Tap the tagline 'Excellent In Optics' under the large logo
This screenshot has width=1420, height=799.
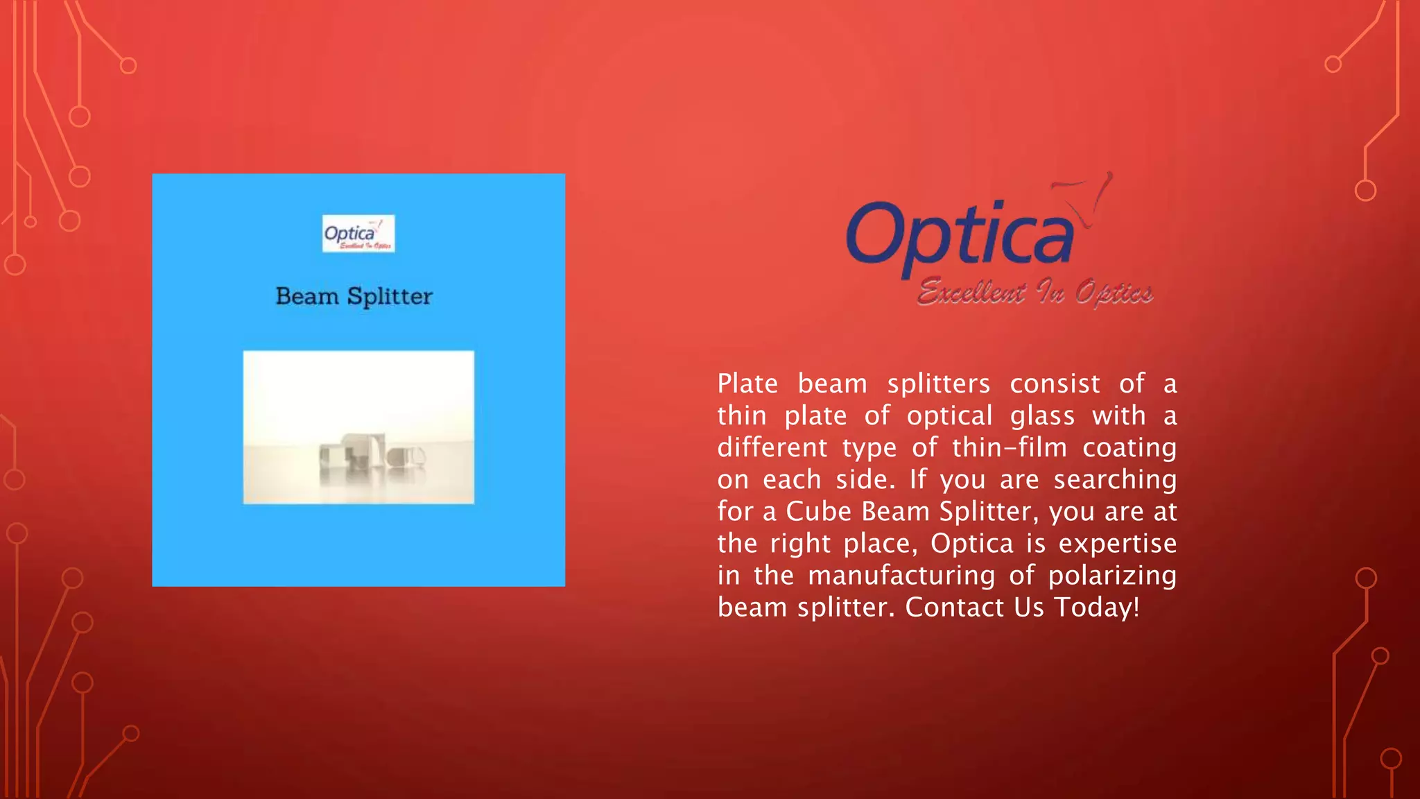[1034, 293]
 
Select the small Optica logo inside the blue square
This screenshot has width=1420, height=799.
[358, 234]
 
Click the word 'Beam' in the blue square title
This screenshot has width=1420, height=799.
[307, 296]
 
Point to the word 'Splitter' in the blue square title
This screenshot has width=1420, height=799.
[390, 296]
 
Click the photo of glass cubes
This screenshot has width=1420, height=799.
[358, 427]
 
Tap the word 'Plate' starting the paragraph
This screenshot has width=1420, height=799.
[747, 384]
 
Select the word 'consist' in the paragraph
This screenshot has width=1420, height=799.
[1055, 384]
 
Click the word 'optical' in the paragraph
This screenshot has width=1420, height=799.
[949, 415]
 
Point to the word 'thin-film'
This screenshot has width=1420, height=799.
[1010, 447]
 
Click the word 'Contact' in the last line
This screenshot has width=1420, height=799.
[955, 607]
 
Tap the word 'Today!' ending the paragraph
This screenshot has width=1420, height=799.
[1097, 607]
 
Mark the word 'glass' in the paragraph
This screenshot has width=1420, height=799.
[1042, 415]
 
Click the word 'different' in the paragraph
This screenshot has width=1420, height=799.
[772, 447]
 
